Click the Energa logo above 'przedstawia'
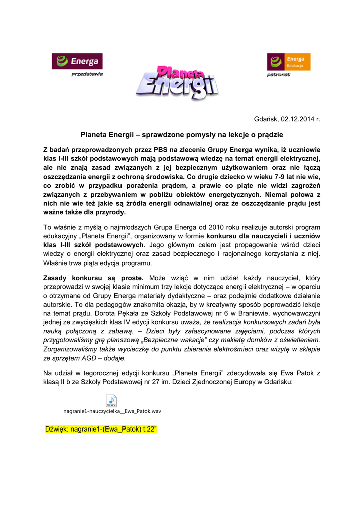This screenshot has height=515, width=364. pos(77,61)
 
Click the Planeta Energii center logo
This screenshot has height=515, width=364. pos(177,82)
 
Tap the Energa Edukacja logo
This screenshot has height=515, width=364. pos(289,61)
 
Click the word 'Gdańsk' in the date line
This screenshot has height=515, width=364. pos(266,119)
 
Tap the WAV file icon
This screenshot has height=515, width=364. pos(111,401)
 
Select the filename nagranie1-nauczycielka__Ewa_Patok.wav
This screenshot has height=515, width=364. pos(112,411)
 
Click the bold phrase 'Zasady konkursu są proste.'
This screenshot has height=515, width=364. pos(93,278)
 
